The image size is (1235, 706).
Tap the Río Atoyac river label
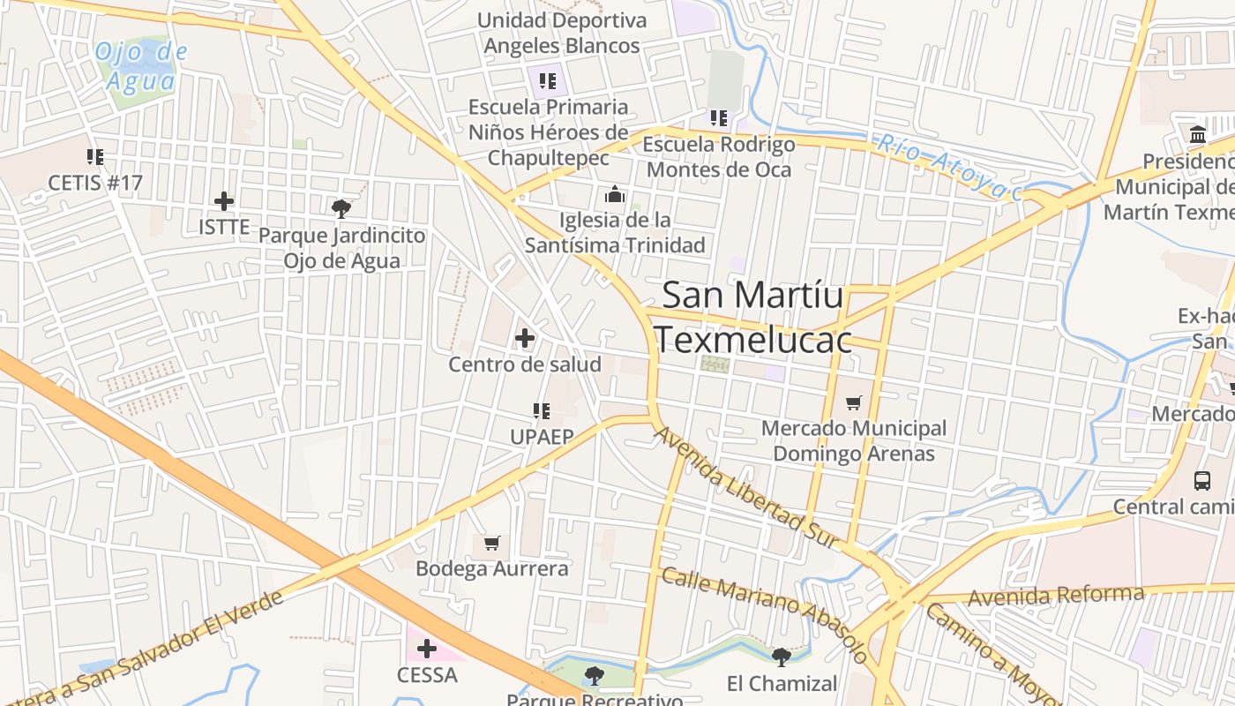click(948, 166)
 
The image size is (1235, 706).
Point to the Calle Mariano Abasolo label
click(764, 615)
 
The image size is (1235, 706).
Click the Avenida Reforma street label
click(1056, 596)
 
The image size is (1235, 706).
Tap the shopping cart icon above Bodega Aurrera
click(492, 543)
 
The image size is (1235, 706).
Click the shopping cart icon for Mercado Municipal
click(853, 403)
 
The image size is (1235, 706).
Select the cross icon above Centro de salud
click(525, 338)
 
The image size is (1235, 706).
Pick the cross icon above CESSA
click(427, 650)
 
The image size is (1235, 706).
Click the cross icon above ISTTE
click(224, 201)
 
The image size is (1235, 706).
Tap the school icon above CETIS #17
click(95, 157)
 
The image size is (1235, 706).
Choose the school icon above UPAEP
click(542, 410)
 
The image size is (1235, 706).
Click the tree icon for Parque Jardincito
click(341, 209)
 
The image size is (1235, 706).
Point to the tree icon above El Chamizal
click(782, 657)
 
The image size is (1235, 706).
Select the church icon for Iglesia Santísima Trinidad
click(615, 194)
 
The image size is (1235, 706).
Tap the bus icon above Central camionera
click(1202, 481)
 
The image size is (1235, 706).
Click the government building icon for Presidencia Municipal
click(1198, 135)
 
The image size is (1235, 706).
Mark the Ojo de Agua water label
click(140, 66)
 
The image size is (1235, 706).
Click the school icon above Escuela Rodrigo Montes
click(719, 117)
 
